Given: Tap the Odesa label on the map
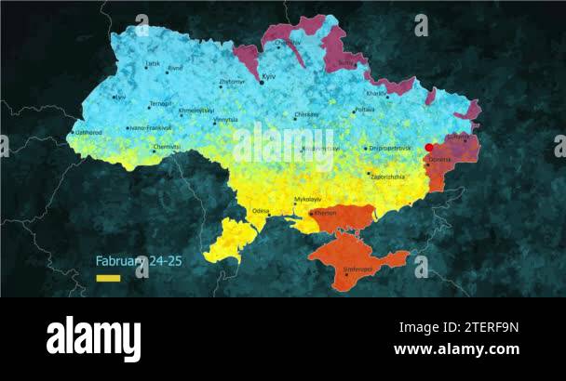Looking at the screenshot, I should (261, 211).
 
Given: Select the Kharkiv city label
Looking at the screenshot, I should (377, 94).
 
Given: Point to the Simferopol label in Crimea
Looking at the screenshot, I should (357, 269).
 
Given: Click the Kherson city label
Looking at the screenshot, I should (326, 213).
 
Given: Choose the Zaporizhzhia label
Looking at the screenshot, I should (388, 176).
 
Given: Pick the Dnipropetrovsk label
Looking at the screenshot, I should (391, 148).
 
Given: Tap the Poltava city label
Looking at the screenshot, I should (365, 110).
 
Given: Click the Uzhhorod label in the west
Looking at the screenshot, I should (89, 133).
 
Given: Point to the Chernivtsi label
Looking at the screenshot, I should (168, 146).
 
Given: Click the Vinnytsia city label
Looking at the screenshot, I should (226, 119).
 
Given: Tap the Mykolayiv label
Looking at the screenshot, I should (307, 199).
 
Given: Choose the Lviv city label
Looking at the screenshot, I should (120, 97).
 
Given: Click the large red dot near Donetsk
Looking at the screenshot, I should (429, 148).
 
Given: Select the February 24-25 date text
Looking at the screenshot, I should (139, 261).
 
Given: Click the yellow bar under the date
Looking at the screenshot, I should (108, 278).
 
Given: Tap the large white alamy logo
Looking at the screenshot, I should (92, 338).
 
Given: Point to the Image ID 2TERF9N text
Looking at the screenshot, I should (459, 327).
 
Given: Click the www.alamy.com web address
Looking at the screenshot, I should (456, 349).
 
